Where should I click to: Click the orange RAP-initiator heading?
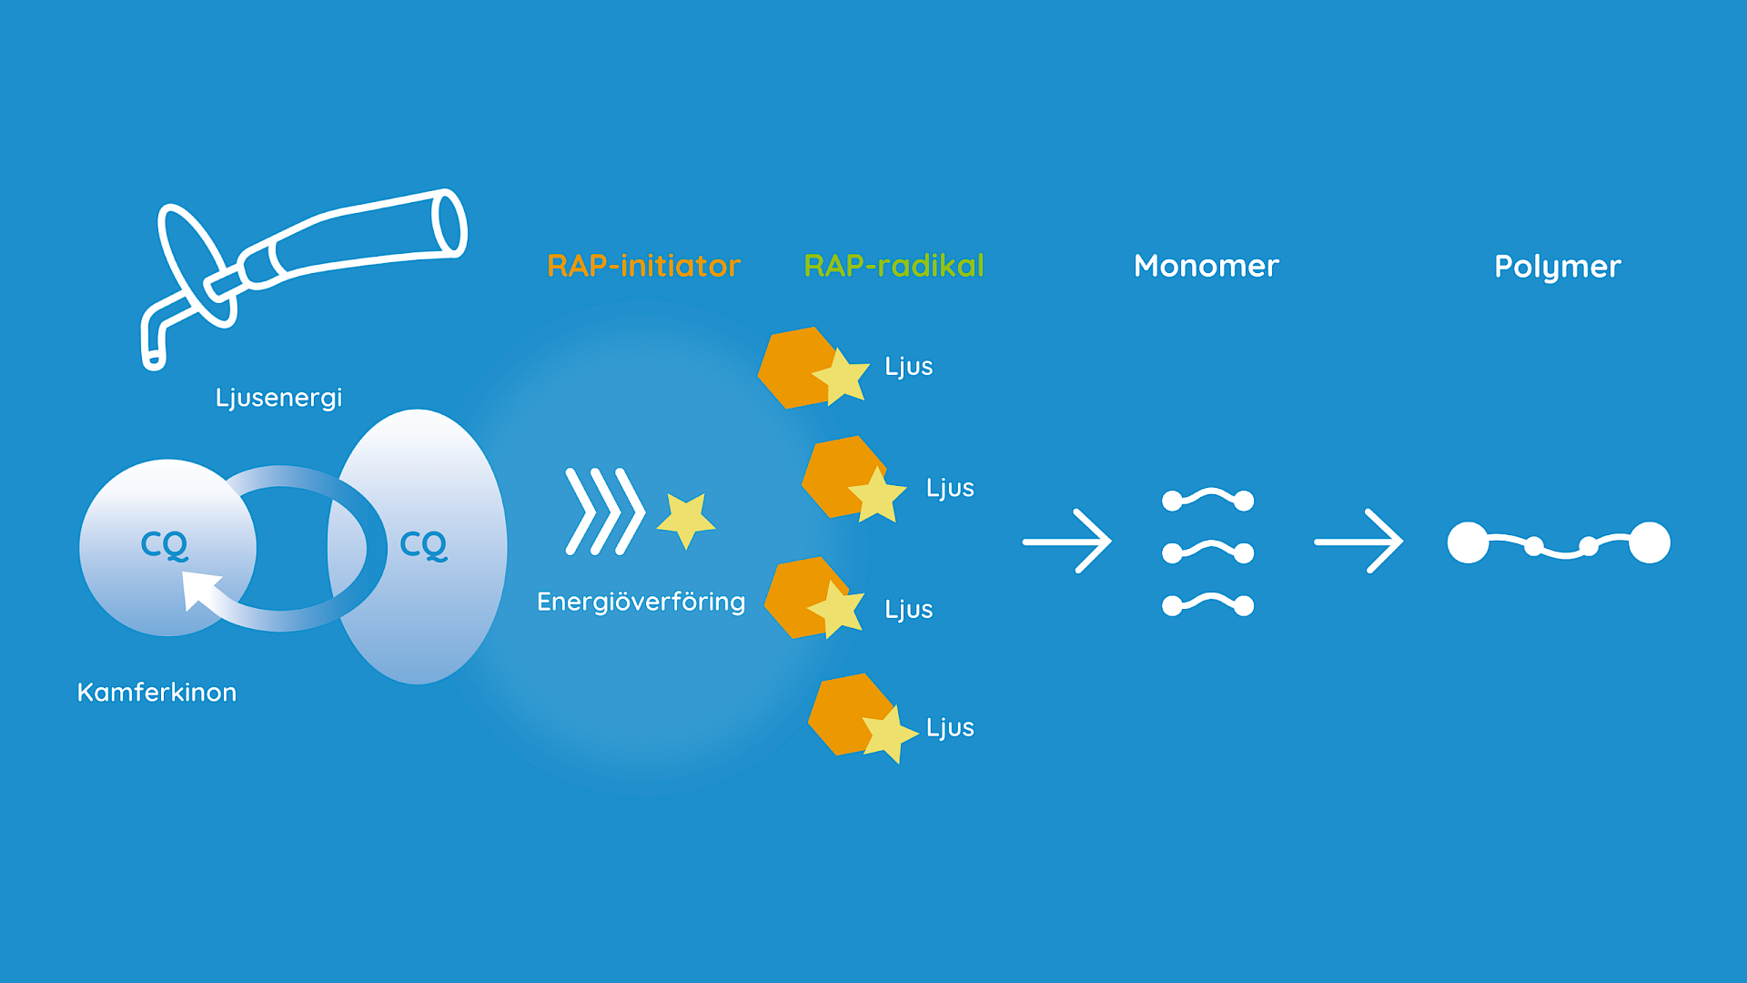click(643, 266)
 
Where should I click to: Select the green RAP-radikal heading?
click(894, 266)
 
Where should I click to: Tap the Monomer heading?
click(1206, 266)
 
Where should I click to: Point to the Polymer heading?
click(1557, 267)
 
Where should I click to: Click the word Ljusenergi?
click(278, 398)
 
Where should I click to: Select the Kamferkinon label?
click(157, 693)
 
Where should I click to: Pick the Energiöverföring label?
click(641, 602)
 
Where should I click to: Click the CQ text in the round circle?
click(165, 544)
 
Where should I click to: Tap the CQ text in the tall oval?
click(424, 544)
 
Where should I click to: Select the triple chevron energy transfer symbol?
click(604, 512)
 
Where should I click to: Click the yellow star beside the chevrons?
click(686, 520)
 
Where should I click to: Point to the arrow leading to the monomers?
click(1066, 542)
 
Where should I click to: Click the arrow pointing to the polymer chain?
click(1358, 542)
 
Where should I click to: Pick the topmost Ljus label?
click(908, 367)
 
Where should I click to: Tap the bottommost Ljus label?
click(950, 727)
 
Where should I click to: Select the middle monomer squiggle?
click(1207, 552)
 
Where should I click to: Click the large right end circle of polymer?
click(1649, 542)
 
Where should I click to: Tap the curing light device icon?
click(300, 264)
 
